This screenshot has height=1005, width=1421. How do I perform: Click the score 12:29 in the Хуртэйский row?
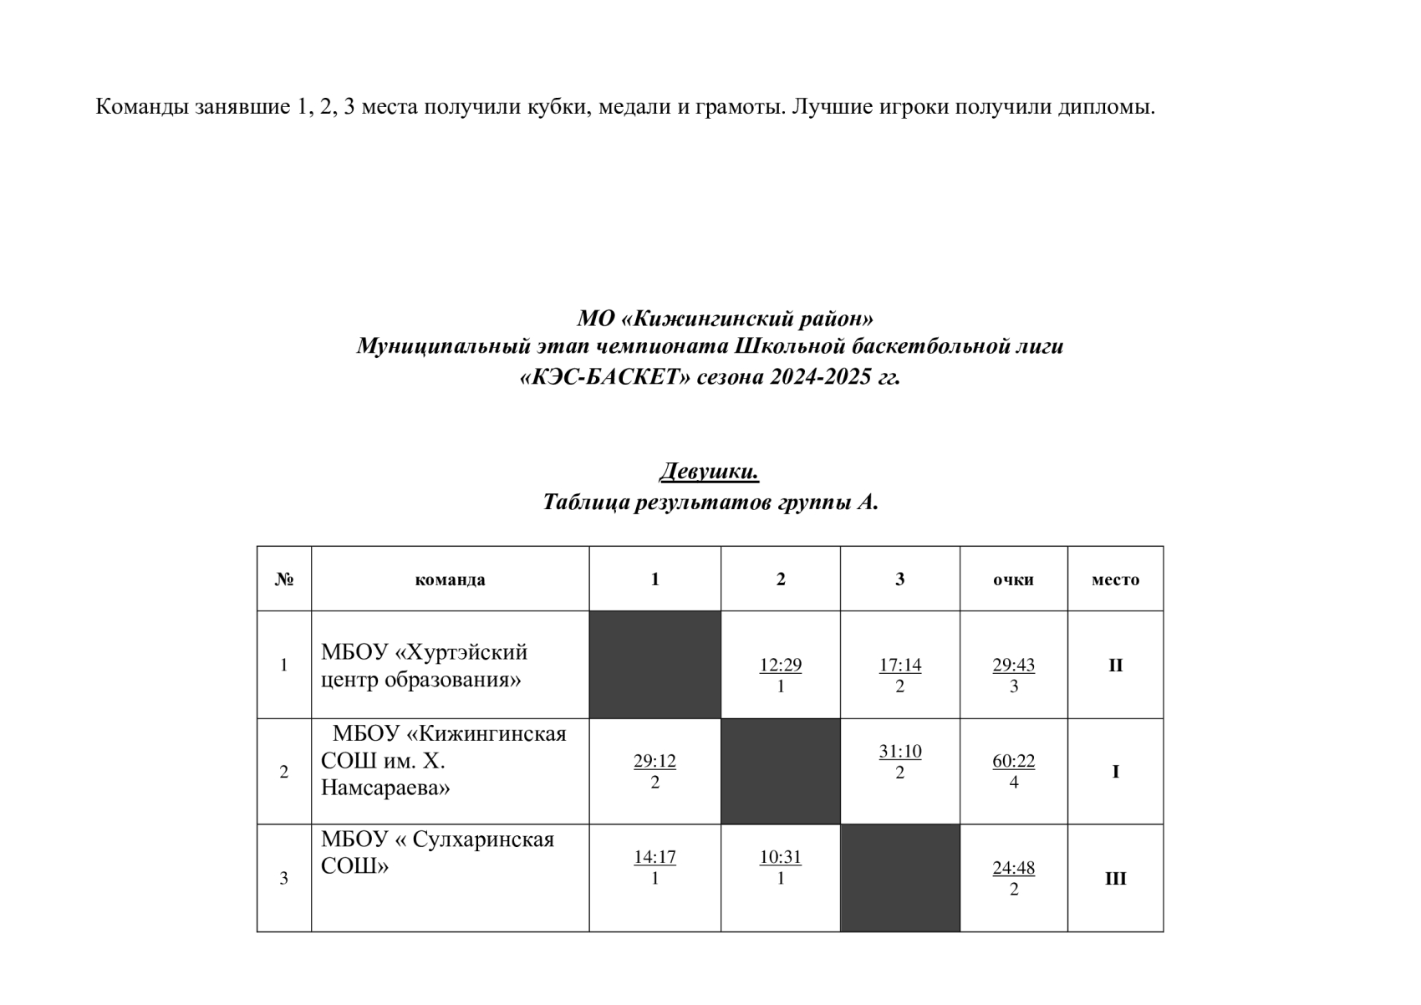tap(780, 666)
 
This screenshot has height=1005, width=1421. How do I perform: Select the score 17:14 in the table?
tap(899, 666)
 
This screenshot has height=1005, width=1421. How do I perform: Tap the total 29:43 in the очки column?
tap(1013, 666)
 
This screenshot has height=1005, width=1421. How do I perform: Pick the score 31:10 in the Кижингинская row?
tap(899, 752)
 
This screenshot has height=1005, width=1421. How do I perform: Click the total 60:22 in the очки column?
tap(1013, 762)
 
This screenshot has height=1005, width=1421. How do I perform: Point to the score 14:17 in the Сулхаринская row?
tap(654, 857)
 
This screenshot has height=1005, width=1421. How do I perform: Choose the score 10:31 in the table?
tap(780, 857)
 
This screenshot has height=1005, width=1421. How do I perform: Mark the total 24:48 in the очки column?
tap(1013, 868)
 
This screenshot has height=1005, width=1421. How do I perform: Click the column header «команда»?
tap(450, 579)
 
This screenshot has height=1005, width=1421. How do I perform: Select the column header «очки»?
tap(1013, 579)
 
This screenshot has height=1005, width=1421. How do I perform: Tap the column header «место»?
tap(1115, 579)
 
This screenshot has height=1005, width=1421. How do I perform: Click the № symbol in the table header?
tap(284, 579)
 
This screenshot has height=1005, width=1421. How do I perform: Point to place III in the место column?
tap(1115, 879)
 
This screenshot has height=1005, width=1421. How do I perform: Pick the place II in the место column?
tap(1115, 666)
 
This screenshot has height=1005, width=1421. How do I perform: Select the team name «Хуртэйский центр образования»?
tap(424, 666)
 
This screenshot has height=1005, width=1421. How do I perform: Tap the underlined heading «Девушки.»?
tap(709, 472)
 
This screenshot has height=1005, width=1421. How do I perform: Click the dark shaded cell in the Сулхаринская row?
tap(899, 878)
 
